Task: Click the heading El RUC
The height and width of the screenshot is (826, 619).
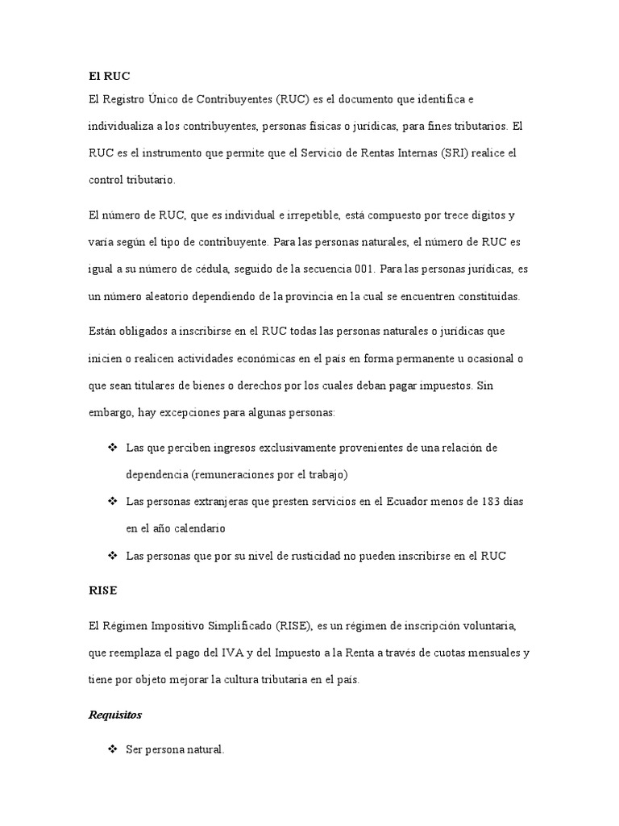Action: click(109, 76)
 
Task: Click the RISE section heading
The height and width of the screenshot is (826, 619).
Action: click(102, 590)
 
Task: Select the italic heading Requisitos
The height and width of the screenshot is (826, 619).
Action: click(118, 715)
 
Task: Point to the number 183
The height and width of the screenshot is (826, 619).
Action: click(486, 501)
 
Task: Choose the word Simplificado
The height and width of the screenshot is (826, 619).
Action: click(232, 625)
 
